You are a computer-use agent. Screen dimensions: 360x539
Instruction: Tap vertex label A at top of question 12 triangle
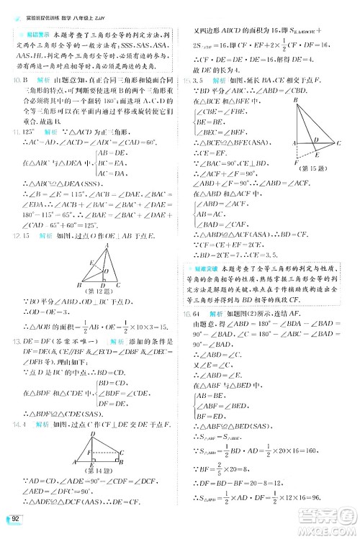tap(107, 242)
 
